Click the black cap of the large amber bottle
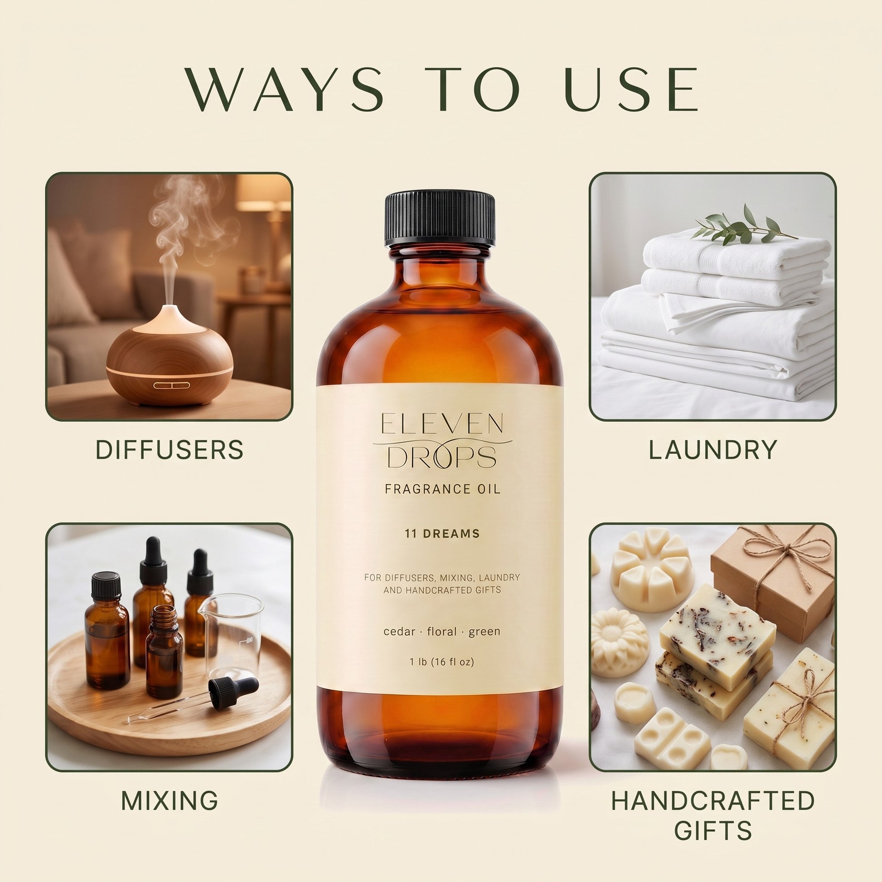(x=440, y=218)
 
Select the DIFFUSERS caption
(x=170, y=450)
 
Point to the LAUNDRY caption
(x=712, y=450)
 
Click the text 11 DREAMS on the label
(x=442, y=533)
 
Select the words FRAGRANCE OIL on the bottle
(x=442, y=489)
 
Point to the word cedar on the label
(x=399, y=631)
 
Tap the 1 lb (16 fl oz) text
(x=442, y=662)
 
